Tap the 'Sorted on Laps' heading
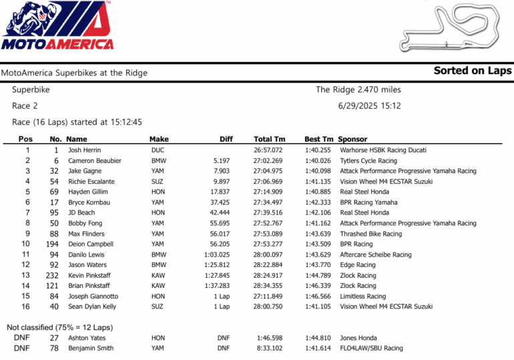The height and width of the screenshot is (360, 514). (472, 71)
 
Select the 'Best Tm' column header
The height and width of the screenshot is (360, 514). (318, 139)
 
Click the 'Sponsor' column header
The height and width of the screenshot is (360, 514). (352, 139)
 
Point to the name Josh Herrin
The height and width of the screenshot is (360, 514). (85, 150)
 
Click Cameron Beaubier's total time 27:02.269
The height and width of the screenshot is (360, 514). (268, 161)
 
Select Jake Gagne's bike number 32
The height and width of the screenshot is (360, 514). (55, 171)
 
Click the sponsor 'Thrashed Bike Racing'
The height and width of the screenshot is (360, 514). (370, 234)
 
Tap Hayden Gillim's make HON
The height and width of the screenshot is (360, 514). (158, 192)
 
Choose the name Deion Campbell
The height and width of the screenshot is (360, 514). (91, 244)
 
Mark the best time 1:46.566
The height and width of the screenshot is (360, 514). (318, 297)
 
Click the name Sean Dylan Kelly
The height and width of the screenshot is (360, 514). (92, 307)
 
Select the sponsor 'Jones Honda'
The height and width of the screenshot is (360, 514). (358, 338)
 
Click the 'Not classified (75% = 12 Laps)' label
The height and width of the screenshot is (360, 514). (59, 327)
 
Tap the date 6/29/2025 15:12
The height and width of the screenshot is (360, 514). (368, 106)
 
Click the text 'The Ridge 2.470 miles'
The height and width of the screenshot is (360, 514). (358, 89)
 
